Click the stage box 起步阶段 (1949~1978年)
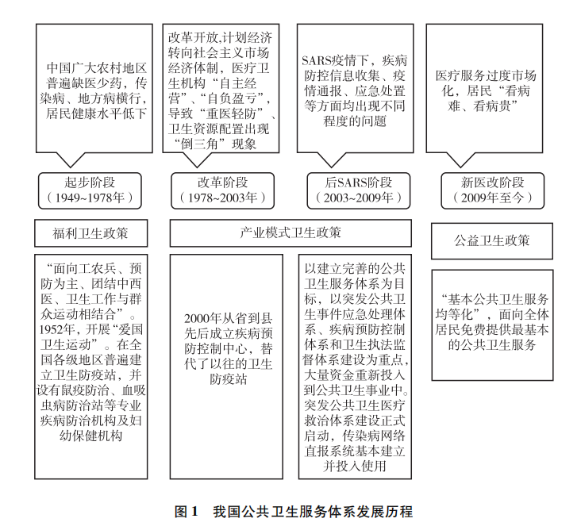90,190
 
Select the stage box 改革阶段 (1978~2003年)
223,190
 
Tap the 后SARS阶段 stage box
359,190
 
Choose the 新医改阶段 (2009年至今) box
492,190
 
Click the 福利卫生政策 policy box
90,233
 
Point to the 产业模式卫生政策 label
290,232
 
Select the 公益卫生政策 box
492,241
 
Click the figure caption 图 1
187,512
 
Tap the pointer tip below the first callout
70,167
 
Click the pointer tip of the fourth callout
460,167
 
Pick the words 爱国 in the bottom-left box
130,329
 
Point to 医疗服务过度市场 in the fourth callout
486,75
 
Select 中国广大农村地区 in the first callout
97,67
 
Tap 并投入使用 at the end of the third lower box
355,466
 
